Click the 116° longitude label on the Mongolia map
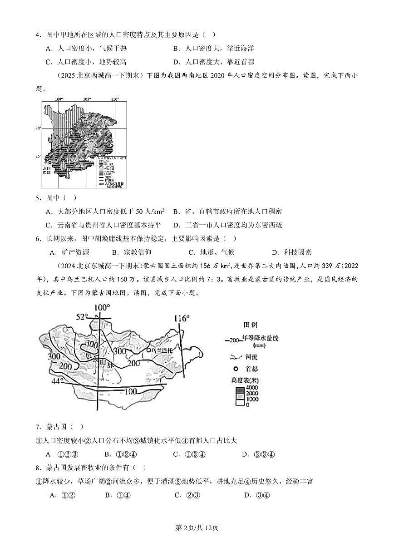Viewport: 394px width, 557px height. click(x=181, y=318)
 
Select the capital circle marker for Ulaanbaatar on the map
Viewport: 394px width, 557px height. click(x=148, y=350)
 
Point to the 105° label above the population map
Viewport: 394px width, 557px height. click(x=87, y=99)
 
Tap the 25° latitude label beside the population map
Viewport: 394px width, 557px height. click(x=39, y=156)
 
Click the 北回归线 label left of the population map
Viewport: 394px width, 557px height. click(x=47, y=170)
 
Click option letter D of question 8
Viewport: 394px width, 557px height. click(x=247, y=495)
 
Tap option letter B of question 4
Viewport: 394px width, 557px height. click(x=176, y=48)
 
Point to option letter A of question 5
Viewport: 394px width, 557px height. click(x=49, y=212)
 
